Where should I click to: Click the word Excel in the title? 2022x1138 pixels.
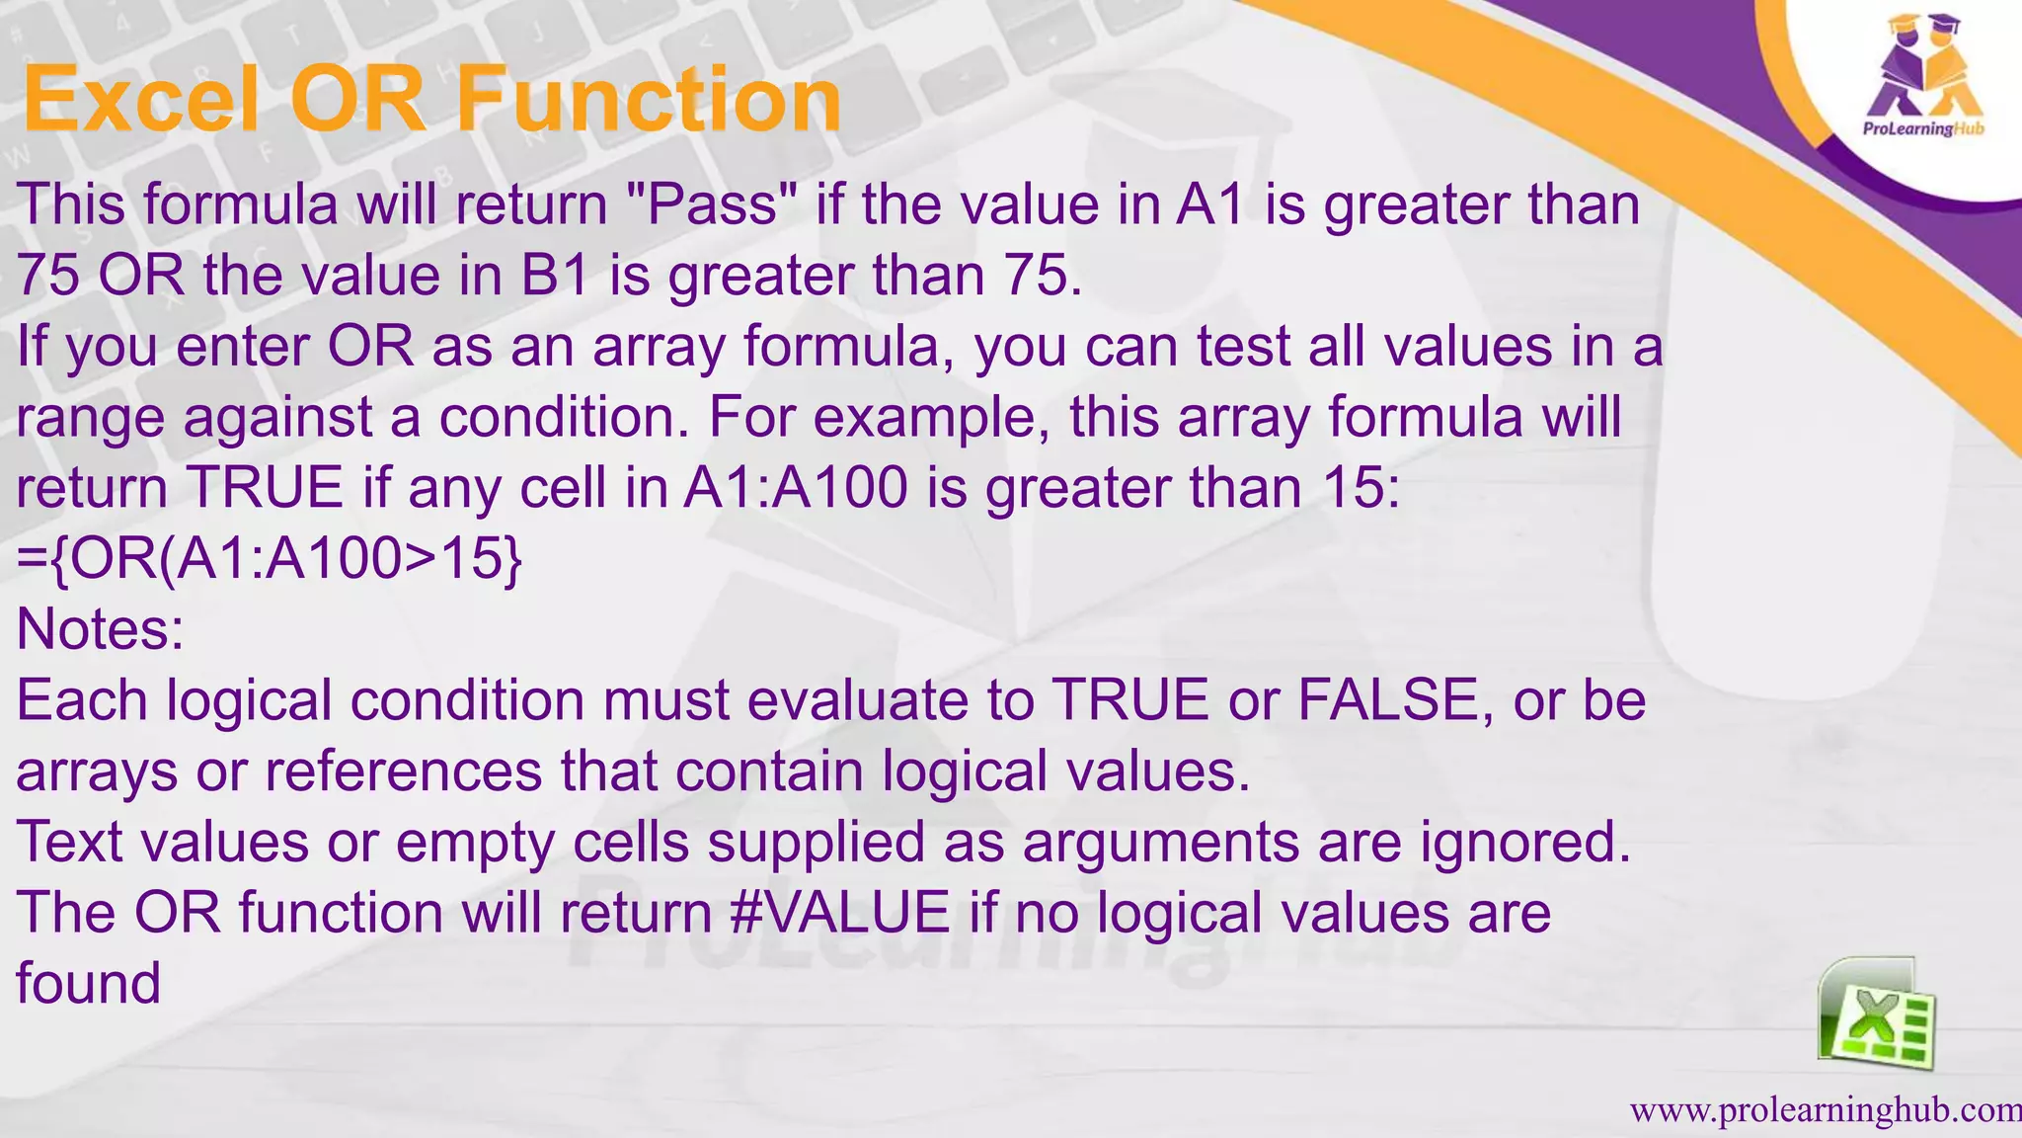tap(142, 100)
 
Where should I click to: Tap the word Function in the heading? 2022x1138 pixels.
tap(648, 100)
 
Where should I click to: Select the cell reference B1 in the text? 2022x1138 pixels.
tap(554, 276)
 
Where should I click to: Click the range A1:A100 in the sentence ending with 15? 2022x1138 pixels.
tap(795, 488)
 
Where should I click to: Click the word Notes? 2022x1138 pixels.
tap(101, 629)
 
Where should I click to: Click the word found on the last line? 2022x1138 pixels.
tap(89, 983)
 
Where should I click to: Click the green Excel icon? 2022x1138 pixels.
tap(1876, 1015)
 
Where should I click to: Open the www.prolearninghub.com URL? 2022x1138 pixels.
tap(1825, 1110)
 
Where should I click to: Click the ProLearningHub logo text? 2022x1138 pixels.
tap(1922, 129)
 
